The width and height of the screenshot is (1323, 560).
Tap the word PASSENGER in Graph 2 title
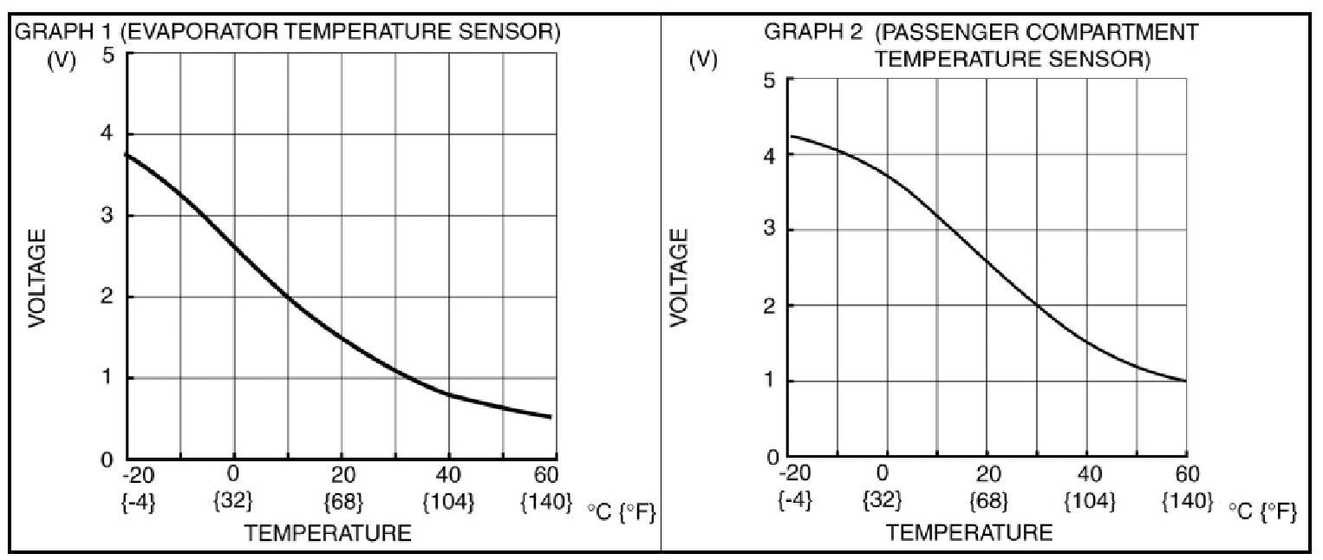[x=937, y=33]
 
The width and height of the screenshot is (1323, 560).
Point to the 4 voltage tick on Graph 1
[x=107, y=135]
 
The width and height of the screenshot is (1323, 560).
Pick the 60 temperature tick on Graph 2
[x=1187, y=474]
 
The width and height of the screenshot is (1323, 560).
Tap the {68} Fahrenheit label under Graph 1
[x=342, y=502]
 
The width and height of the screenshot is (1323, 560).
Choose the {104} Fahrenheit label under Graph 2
[x=1089, y=501]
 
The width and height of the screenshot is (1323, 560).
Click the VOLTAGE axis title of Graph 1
[x=36, y=277]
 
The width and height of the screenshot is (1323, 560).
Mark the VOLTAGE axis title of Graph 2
[x=681, y=277]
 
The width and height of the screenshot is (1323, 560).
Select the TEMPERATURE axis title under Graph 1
[x=328, y=533]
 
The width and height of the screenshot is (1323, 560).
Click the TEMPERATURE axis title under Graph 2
[x=970, y=531]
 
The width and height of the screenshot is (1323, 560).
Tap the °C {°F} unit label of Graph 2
[x=1262, y=512]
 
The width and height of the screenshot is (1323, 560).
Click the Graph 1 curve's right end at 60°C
[x=550, y=417]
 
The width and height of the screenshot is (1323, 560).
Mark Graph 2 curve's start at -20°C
[x=792, y=136]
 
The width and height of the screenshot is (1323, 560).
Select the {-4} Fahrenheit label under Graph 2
[x=794, y=501]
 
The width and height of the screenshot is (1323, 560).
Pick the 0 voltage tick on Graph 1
[x=107, y=459]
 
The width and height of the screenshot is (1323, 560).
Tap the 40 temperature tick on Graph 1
[x=449, y=475]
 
